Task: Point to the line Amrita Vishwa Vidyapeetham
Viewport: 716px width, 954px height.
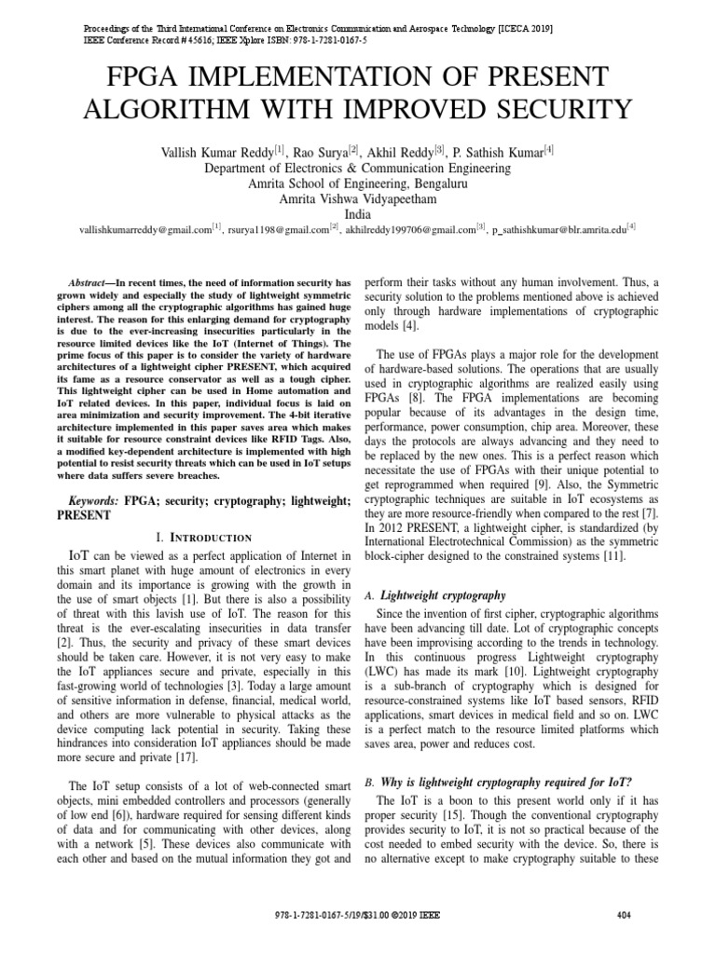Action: [x=358, y=198]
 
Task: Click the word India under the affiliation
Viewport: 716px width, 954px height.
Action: [x=358, y=213]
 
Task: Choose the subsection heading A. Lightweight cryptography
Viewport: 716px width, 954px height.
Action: [x=435, y=594]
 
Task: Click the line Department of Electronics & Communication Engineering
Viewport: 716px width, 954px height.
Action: [x=358, y=169]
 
